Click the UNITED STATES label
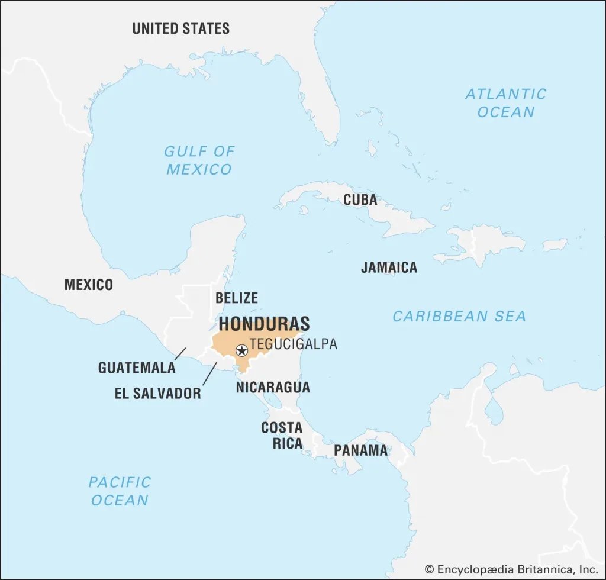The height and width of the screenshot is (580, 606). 180,28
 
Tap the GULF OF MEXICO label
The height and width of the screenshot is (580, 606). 199,160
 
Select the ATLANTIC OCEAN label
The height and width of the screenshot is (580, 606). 505,102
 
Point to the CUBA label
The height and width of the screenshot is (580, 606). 360,200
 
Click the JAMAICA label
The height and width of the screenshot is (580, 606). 389,268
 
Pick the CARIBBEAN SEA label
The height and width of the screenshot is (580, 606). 459,316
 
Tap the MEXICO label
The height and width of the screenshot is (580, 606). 88,285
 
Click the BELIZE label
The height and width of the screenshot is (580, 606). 236,298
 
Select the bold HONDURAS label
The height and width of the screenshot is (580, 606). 264,324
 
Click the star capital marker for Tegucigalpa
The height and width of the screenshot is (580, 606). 241,350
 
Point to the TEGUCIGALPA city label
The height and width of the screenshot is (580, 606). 293,344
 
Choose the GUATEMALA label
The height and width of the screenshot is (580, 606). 137,368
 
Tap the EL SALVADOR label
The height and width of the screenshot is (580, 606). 157,393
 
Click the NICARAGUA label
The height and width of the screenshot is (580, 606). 272,387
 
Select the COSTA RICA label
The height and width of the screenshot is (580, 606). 282,435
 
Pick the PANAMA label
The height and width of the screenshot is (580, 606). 360,450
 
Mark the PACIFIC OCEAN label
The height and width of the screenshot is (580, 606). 120,491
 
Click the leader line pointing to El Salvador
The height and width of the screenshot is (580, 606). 209,374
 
